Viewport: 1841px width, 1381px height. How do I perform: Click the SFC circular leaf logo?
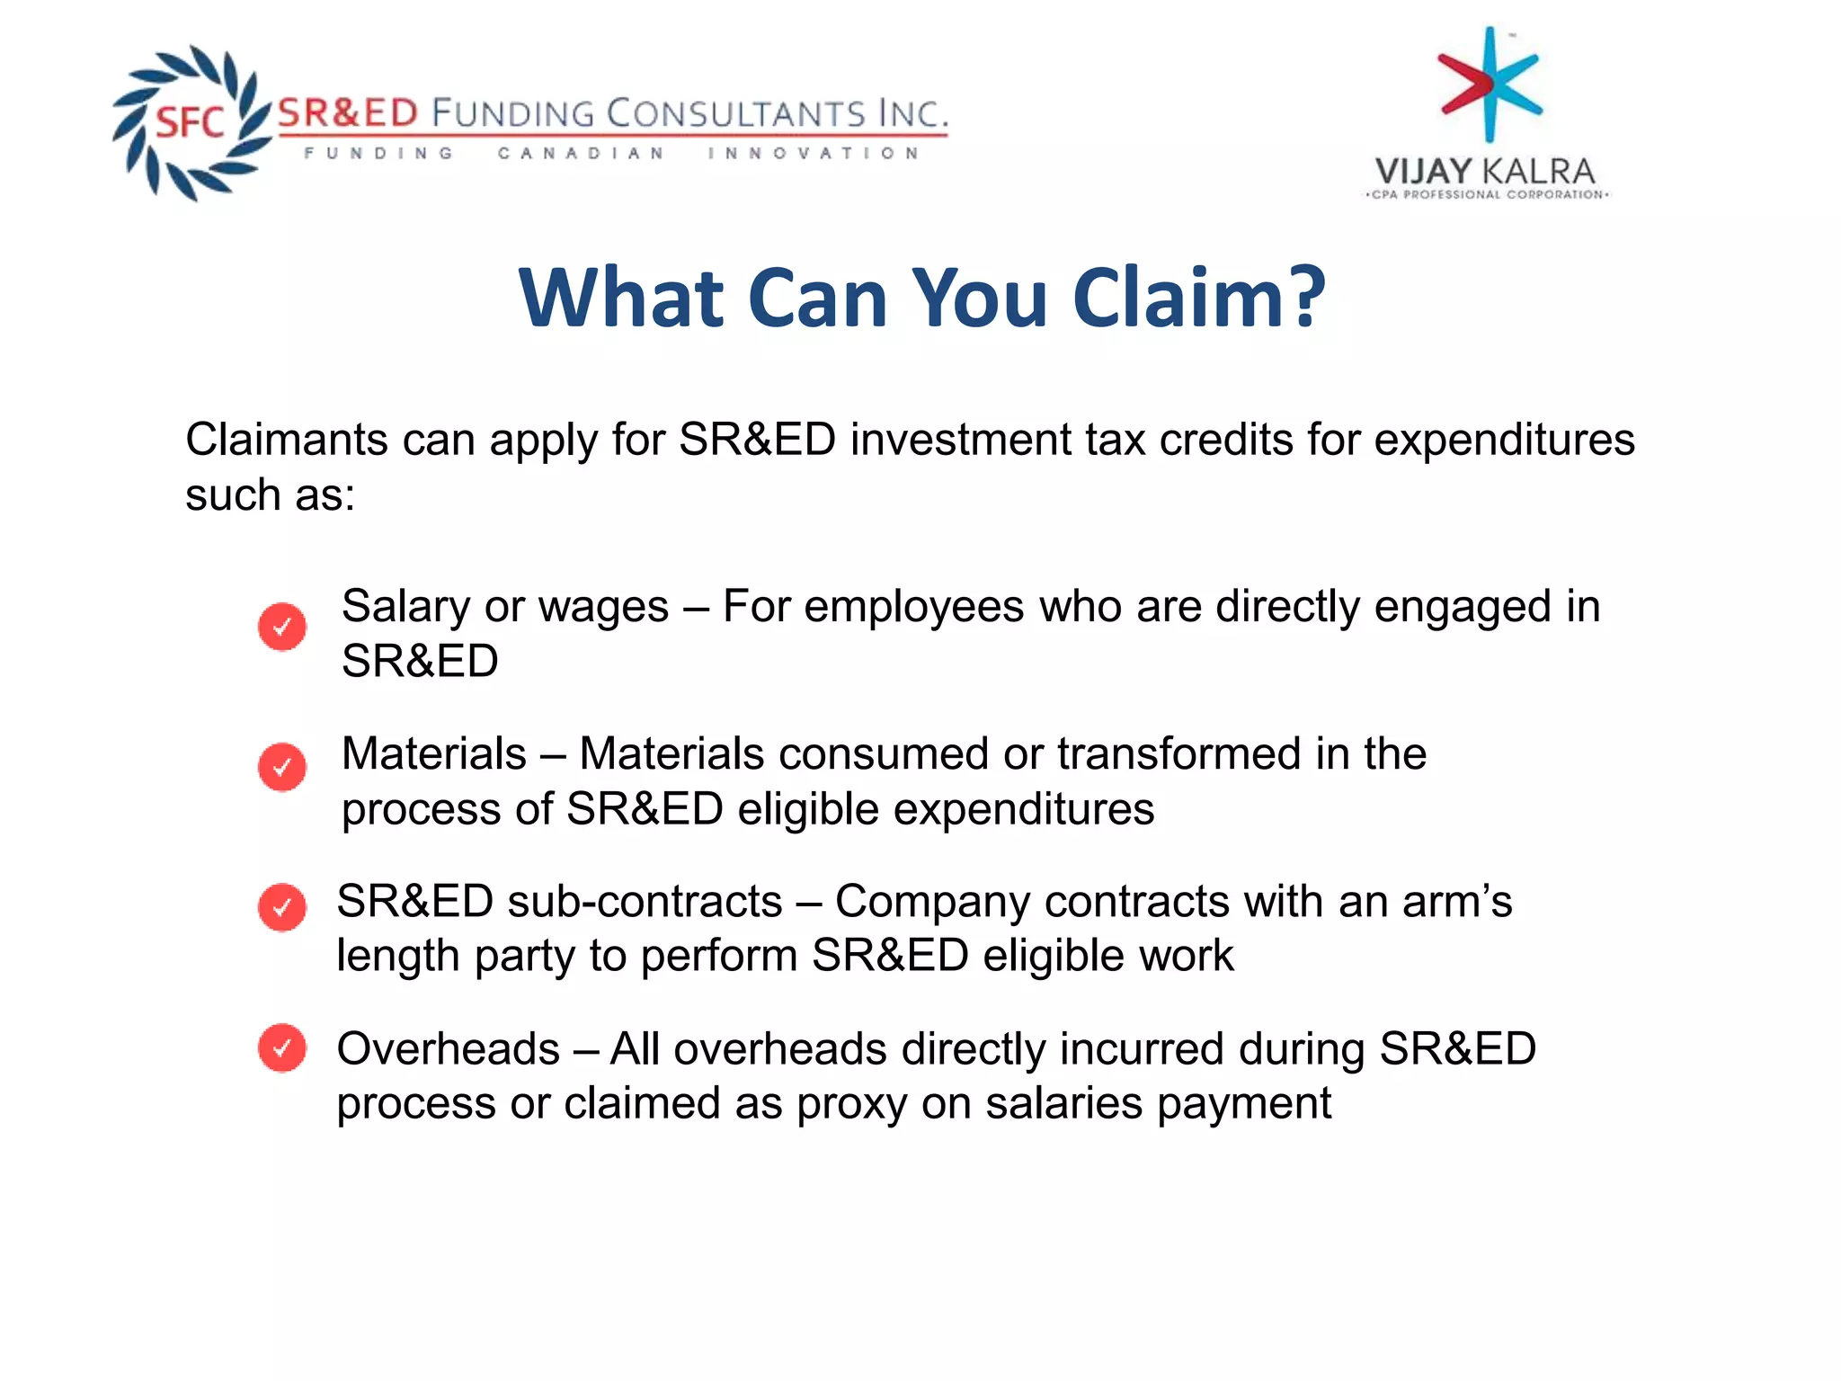click(191, 122)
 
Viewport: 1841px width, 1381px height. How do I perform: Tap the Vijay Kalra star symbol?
click(1490, 85)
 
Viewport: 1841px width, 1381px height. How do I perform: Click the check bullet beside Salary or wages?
click(282, 627)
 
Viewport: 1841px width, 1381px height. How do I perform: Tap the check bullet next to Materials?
click(282, 767)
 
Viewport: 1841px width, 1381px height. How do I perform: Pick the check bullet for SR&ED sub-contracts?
click(282, 907)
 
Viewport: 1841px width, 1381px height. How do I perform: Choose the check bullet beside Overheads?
click(282, 1047)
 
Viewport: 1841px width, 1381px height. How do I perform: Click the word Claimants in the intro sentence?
click(286, 441)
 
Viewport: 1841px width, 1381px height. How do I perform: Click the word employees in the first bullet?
click(913, 607)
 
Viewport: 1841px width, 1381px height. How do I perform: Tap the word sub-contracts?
click(645, 901)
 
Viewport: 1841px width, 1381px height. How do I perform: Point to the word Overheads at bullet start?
click(448, 1048)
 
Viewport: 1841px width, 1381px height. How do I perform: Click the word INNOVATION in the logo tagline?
click(813, 154)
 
